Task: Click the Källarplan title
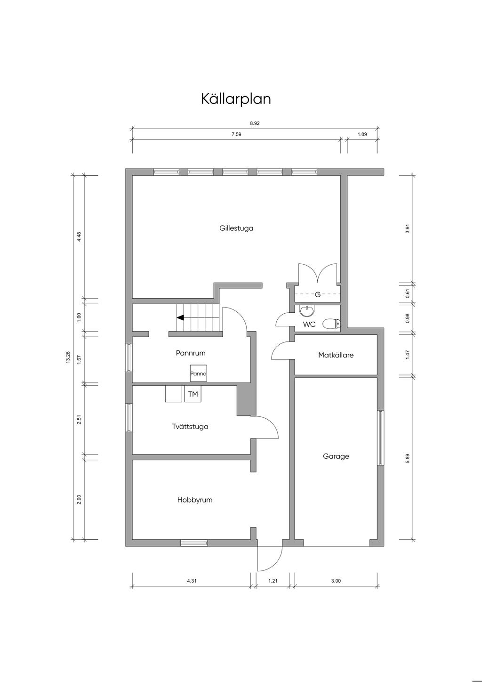coord(236,99)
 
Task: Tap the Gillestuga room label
coord(236,228)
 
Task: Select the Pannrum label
coord(191,353)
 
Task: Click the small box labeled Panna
coord(198,373)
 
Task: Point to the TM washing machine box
coord(193,394)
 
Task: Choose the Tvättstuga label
coord(190,426)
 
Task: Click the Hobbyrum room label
coord(195,500)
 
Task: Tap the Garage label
coord(336,456)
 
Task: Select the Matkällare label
coord(336,355)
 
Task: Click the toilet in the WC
coord(331,324)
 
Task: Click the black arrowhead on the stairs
coord(180,317)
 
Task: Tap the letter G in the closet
coord(318,294)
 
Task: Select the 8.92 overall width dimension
coord(255,123)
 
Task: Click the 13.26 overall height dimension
coord(68,357)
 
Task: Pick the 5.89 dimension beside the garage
coord(408,459)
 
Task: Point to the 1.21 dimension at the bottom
coord(273,581)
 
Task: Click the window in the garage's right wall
coord(380,438)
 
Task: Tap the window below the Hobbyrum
coord(194,543)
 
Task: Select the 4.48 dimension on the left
coord(79,237)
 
